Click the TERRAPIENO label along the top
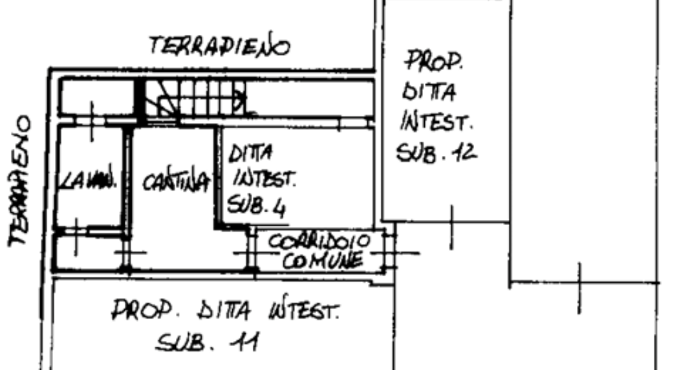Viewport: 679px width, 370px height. [x=220, y=46]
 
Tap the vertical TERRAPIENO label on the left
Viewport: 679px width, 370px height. [x=19, y=182]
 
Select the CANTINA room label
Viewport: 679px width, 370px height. [x=177, y=182]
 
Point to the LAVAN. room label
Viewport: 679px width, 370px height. [x=88, y=180]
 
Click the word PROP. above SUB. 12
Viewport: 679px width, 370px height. [x=434, y=61]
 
